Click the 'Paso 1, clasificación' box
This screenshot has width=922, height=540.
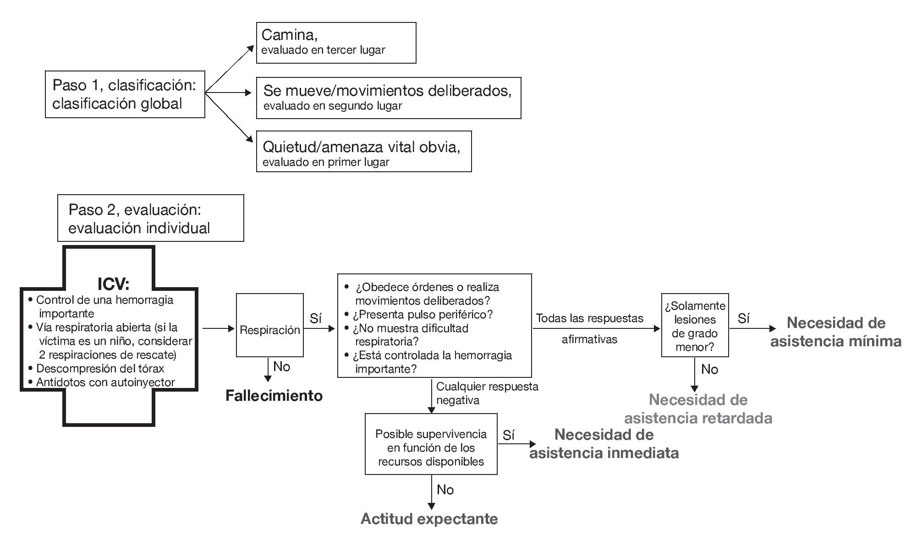click(125, 94)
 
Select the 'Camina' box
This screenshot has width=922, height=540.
click(336, 42)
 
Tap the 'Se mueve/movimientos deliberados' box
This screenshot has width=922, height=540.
click(388, 98)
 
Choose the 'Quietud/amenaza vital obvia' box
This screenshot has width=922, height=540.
click(363, 151)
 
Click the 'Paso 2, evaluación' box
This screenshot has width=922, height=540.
click(150, 218)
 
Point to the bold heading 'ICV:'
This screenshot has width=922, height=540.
click(113, 284)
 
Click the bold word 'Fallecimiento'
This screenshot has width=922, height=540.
click(274, 396)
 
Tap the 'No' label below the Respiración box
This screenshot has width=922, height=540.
click(281, 366)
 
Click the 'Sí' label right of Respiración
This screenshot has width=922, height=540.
click(315, 318)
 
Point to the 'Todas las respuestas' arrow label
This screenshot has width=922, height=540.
click(589, 318)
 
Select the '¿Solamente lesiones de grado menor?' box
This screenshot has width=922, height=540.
click(695, 326)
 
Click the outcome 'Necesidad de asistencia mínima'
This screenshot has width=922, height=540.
click(836, 332)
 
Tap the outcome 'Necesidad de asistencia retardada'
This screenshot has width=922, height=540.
click(698, 409)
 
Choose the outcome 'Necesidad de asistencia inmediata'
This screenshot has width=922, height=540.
click(604, 443)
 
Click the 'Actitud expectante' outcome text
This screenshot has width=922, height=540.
click(429, 519)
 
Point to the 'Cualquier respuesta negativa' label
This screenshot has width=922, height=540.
click(487, 393)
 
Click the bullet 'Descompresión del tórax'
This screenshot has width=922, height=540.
click(100, 369)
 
